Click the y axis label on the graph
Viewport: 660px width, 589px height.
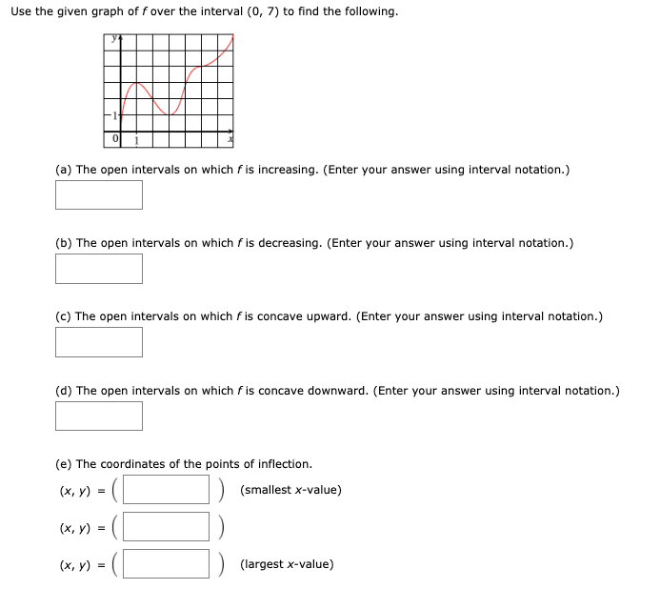111,39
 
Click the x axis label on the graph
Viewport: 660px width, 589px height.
230,141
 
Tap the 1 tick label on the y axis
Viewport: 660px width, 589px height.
113,115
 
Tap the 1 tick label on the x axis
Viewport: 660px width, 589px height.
135,141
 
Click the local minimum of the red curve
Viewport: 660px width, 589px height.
170,114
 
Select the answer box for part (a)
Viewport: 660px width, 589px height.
99,194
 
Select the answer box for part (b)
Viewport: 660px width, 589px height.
99,268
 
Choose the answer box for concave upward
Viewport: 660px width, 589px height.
99,341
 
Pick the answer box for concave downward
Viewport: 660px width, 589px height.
99,415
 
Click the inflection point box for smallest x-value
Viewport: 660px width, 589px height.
166,490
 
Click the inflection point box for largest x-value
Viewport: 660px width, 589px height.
166,563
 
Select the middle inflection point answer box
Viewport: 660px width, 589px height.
166,527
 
